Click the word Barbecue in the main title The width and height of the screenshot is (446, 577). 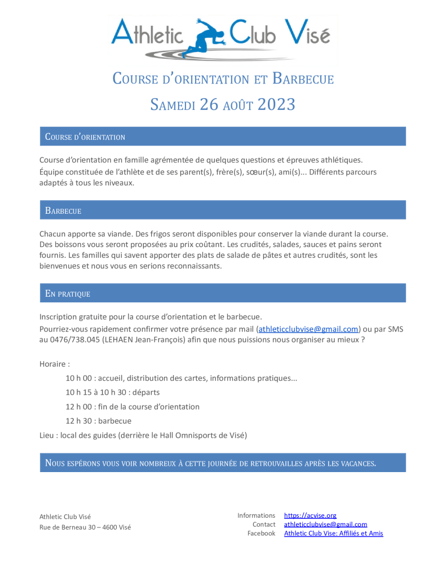tap(303, 78)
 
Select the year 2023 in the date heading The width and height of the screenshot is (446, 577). tap(276, 105)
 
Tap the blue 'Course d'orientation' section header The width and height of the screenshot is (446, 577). tap(222, 136)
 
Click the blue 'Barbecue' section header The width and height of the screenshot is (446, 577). tap(222, 210)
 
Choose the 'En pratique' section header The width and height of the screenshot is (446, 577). tap(222, 293)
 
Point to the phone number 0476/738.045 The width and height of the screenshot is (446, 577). tap(75, 340)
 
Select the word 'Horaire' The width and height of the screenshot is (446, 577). tap(52, 364)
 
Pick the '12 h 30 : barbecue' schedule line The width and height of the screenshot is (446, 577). tap(99, 421)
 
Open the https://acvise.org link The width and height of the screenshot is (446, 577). tap(310, 516)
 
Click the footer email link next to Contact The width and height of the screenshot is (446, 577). tap(325, 525)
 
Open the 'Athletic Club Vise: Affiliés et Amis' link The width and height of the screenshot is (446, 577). tap(333, 534)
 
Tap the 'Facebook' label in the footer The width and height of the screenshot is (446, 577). tap(261, 534)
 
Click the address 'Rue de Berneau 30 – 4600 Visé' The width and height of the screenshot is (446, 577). tap(85, 527)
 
